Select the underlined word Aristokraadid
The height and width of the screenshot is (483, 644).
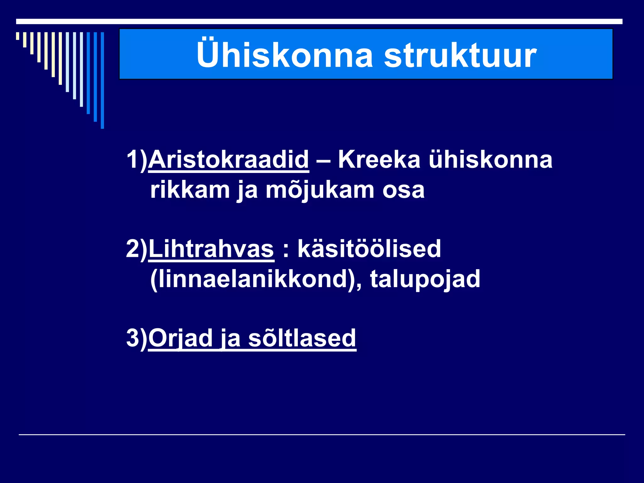(229, 159)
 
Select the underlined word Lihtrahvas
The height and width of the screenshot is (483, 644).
(211, 249)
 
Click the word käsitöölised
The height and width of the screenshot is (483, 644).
(369, 249)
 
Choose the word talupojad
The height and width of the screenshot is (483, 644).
(425, 279)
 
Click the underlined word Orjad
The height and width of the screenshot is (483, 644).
(180, 338)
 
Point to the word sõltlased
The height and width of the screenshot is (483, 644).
(302, 338)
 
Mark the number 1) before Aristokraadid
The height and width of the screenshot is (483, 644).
(137, 159)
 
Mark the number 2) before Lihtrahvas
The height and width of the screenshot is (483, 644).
(137, 249)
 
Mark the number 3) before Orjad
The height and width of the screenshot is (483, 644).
(137, 338)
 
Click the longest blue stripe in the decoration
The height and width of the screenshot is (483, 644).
(102, 80)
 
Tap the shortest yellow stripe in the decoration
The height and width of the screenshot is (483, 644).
(18, 36)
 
